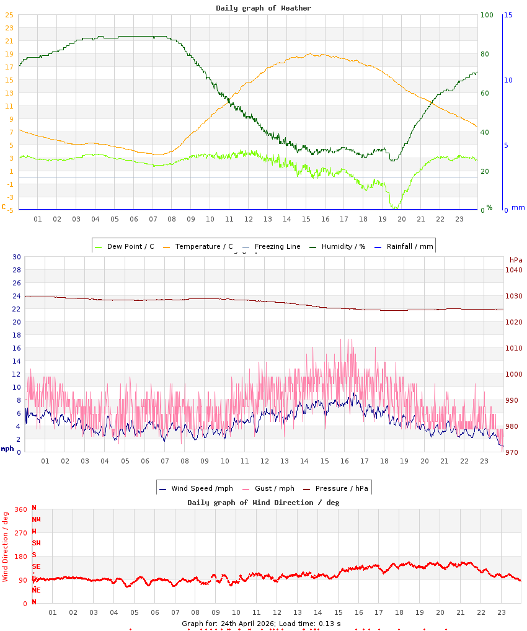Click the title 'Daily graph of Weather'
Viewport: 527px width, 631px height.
(x=263, y=8)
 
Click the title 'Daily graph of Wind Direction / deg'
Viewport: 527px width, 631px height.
(x=263, y=503)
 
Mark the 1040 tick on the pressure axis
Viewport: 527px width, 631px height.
(x=514, y=270)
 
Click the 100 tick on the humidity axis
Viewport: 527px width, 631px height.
(x=487, y=15)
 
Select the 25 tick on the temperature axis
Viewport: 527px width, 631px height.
(x=9, y=15)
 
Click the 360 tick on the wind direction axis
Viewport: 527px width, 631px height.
(x=20, y=509)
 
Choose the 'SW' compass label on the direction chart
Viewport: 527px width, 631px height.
(x=36, y=543)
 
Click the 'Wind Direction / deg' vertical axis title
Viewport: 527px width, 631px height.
(x=6, y=547)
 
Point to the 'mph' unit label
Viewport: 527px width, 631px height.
(x=7, y=449)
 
